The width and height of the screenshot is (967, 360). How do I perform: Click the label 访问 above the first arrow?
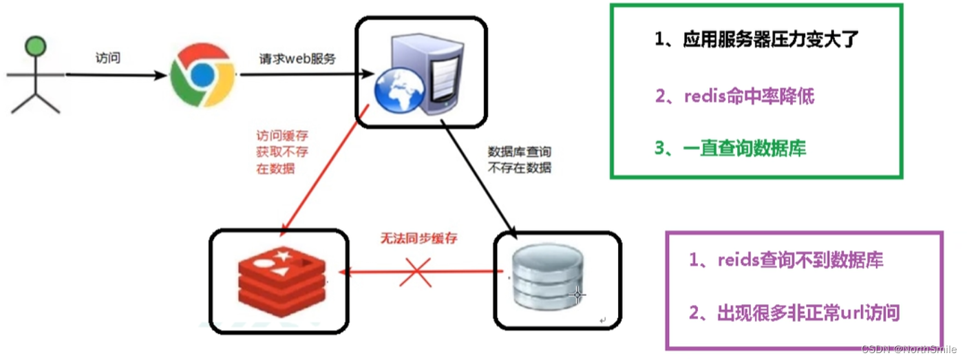coord(108,58)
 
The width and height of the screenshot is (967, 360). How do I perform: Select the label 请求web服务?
coord(297,59)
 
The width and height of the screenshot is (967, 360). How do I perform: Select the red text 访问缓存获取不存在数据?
coord(276,152)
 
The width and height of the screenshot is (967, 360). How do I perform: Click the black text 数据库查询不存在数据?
coord(520,159)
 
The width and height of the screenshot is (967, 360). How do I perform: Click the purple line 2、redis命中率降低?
coord(734,96)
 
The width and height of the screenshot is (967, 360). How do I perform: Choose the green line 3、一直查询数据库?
coord(730,149)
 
